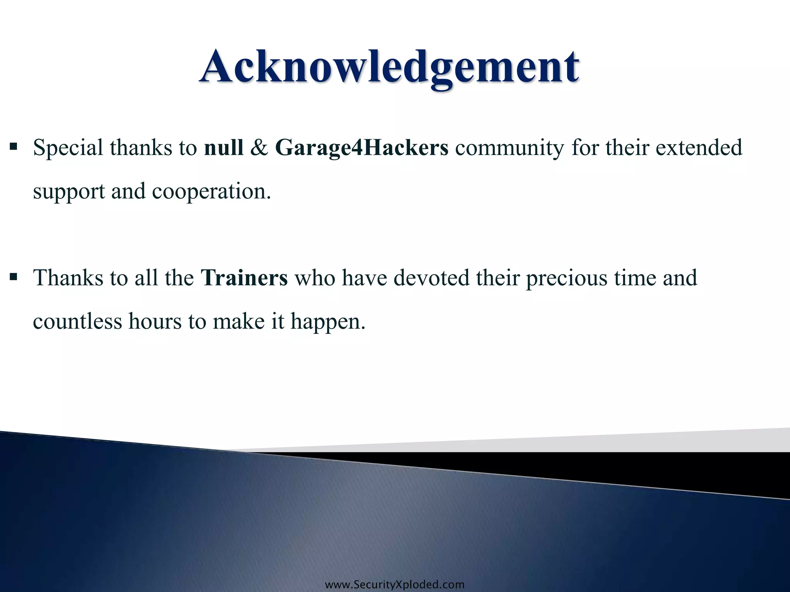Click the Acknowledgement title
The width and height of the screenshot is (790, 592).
389,67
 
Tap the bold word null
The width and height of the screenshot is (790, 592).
224,148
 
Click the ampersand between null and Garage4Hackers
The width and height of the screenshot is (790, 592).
259,148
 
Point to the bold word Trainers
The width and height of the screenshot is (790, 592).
244,278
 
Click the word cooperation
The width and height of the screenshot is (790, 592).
211,192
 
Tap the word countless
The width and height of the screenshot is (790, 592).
77,321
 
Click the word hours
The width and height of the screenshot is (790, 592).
155,321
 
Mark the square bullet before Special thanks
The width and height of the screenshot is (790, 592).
14,147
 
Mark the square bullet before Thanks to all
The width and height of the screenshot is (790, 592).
14,277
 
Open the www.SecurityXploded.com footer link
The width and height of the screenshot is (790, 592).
395,585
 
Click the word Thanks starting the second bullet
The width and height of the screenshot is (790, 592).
68,278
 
